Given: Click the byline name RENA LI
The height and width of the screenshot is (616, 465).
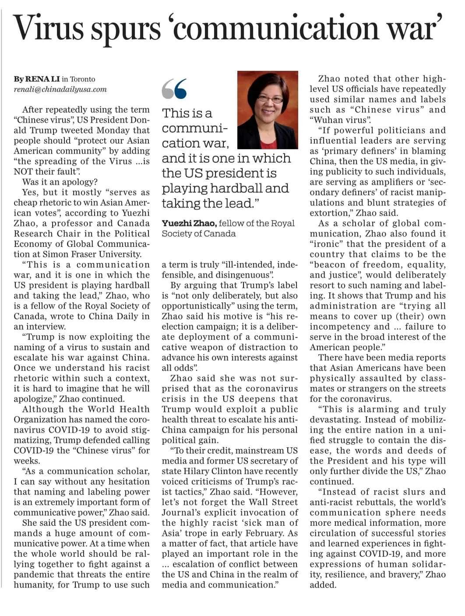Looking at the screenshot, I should point(42,79).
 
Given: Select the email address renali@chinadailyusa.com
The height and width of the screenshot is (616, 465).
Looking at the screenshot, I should point(60,89).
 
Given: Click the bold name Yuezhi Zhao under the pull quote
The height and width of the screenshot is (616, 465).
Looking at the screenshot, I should point(189,223).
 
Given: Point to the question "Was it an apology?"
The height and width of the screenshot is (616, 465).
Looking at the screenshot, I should point(60,182).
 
